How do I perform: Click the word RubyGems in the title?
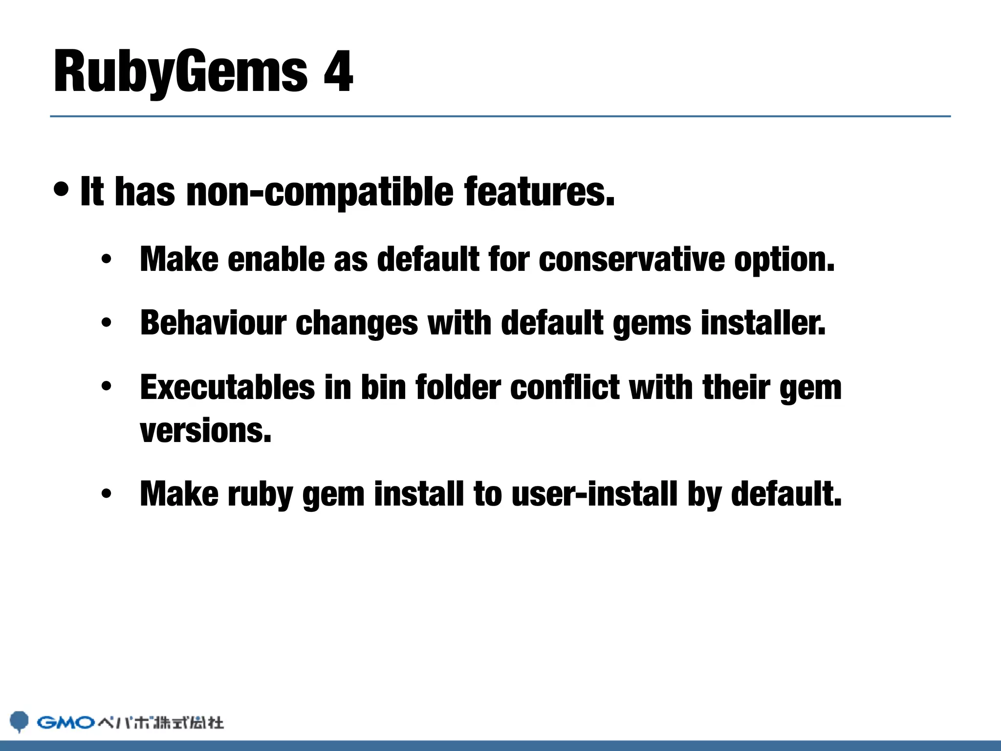[x=181, y=72]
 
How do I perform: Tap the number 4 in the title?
[x=338, y=72]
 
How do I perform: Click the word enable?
[x=276, y=259]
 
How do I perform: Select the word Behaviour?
[x=213, y=323]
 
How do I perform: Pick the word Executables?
[x=227, y=387]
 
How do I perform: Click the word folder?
[x=458, y=387]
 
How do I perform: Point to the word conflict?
[x=565, y=387]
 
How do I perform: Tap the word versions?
[x=205, y=431]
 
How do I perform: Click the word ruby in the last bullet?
[x=260, y=494]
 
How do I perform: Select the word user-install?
[x=594, y=494]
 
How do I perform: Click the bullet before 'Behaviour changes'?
[x=107, y=323]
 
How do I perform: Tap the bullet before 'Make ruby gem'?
[x=107, y=494]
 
